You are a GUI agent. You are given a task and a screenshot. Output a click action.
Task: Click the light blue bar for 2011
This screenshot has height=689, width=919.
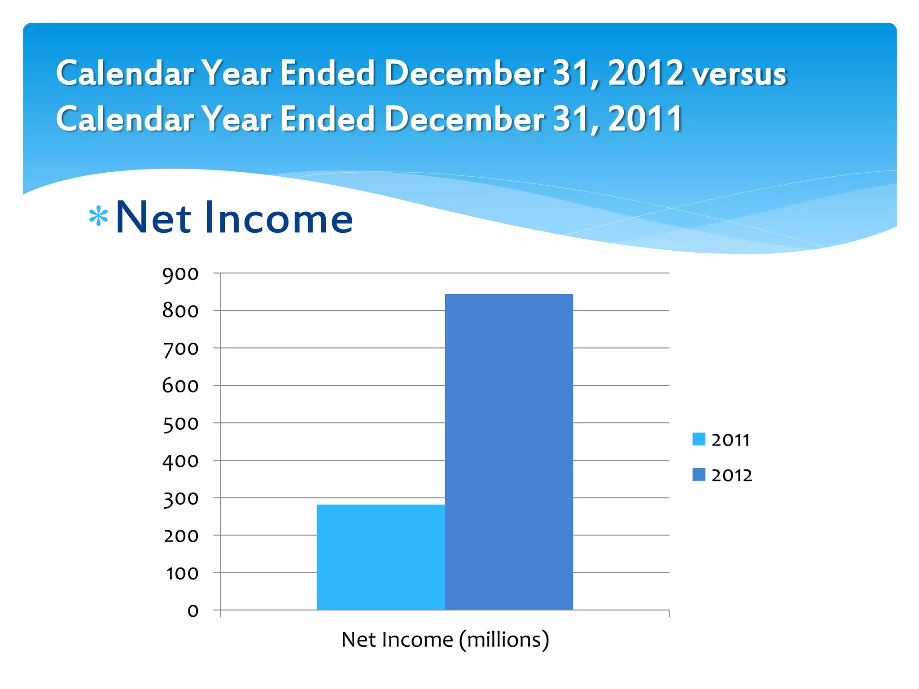pyautogui.click(x=381, y=557)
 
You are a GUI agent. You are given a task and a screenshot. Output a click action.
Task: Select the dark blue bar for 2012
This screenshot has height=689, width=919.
pyautogui.click(x=509, y=451)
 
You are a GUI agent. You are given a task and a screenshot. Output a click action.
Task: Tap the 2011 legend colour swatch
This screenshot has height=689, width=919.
pyautogui.click(x=699, y=439)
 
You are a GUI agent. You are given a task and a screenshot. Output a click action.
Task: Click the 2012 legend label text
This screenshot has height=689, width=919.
pyautogui.click(x=731, y=475)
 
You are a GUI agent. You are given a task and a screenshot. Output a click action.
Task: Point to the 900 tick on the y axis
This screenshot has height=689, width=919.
pyautogui.click(x=180, y=274)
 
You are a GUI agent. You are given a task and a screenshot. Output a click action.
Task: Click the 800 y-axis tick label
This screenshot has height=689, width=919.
pyautogui.click(x=180, y=311)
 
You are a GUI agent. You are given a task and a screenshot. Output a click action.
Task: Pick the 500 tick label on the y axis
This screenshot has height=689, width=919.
pyautogui.click(x=180, y=423)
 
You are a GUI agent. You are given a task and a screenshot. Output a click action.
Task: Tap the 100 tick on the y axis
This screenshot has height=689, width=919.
pyautogui.click(x=182, y=573)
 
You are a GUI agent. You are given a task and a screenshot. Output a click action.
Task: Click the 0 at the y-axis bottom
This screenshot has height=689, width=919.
pyautogui.click(x=193, y=611)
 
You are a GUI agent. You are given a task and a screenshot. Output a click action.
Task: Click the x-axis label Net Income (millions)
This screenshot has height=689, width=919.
pyautogui.click(x=445, y=640)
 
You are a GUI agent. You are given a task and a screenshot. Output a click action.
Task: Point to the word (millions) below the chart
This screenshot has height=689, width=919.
pyautogui.click(x=504, y=640)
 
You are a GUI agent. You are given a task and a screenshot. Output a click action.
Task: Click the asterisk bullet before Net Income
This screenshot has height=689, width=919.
pyautogui.click(x=98, y=217)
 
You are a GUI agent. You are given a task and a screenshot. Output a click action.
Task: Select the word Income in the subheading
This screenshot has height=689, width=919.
pyautogui.click(x=279, y=218)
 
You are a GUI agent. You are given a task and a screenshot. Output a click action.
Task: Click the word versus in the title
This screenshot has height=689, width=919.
pyautogui.click(x=739, y=74)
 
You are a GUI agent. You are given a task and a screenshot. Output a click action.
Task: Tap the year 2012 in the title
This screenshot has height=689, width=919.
pyautogui.click(x=645, y=73)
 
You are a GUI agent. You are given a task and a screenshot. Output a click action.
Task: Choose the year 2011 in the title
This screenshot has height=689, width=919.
pyautogui.click(x=645, y=119)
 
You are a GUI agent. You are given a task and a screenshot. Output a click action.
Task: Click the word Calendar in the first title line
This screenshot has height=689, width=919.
pyautogui.click(x=125, y=73)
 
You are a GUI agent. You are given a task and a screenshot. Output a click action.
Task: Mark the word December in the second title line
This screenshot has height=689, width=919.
pyautogui.click(x=464, y=119)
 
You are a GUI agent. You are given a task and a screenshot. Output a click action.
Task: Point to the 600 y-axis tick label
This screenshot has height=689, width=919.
pyautogui.click(x=180, y=386)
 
